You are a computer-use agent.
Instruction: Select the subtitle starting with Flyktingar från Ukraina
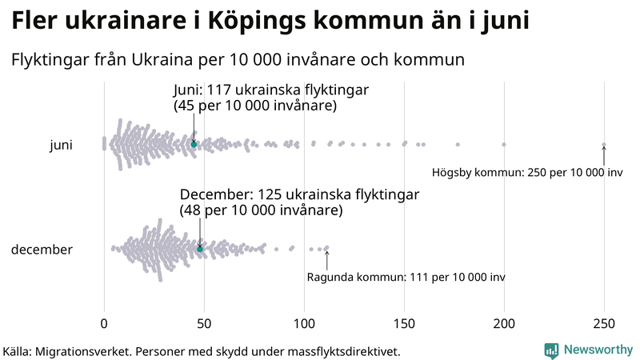238,60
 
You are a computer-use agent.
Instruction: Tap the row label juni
61,145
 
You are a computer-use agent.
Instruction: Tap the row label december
42,250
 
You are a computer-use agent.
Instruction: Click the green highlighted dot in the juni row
194,144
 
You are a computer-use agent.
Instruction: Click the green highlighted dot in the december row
200,249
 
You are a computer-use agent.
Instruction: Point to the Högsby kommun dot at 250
604,145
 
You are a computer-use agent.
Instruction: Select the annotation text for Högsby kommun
527,173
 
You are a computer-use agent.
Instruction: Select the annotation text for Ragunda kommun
406,277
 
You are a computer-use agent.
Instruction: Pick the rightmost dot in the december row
326,248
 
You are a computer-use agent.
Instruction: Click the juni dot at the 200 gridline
504,145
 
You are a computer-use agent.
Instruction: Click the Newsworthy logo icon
551,350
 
